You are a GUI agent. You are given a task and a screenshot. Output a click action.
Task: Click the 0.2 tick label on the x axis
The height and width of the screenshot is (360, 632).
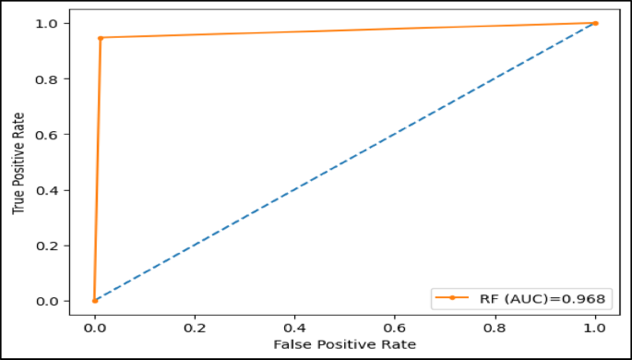coord(195,327)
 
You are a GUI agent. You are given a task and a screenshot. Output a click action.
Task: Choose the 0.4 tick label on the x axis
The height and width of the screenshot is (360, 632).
coord(295,327)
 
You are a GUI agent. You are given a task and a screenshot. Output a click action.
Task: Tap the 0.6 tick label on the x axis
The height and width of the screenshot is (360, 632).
coord(395,327)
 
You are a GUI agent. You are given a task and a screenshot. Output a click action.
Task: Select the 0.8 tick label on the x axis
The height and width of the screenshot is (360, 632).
coord(495,327)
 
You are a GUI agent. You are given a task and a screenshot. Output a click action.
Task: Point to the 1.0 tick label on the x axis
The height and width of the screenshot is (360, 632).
coord(595,327)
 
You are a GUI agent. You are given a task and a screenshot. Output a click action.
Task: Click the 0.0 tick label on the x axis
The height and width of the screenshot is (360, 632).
coord(94,327)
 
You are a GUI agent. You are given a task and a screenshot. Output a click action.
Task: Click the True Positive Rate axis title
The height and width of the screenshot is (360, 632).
coord(18,162)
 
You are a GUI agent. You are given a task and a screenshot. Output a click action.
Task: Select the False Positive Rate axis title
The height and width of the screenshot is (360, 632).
coord(345,343)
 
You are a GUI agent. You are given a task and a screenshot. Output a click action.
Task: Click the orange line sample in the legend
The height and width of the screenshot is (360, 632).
coord(452,297)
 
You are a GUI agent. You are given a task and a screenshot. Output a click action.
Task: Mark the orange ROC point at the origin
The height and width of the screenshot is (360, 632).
coord(95,301)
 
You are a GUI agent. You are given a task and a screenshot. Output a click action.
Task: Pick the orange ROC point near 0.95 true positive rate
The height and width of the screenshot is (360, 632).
coord(101,38)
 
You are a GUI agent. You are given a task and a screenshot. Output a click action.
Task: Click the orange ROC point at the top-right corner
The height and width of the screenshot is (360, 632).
coord(595,23)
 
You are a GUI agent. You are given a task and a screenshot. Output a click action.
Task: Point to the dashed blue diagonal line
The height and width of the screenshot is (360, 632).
coord(345,162)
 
